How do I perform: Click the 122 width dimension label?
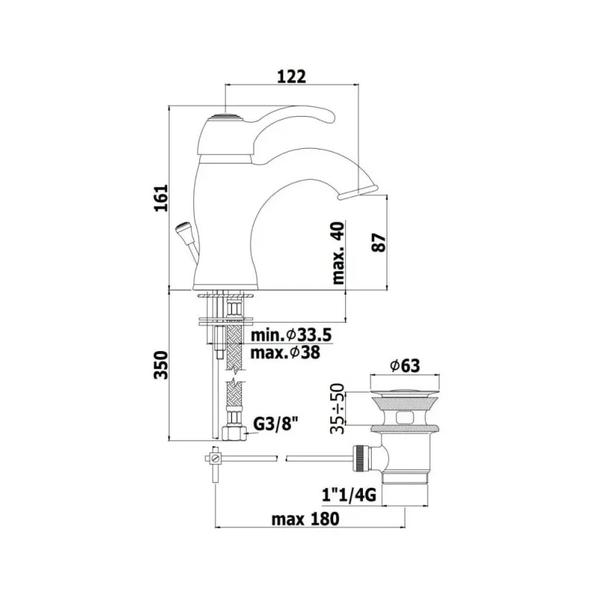[x=292, y=77]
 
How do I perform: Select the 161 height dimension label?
[x=161, y=198]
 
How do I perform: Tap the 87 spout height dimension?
[x=379, y=242]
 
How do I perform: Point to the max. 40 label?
[x=338, y=253]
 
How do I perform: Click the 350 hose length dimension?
[x=161, y=364]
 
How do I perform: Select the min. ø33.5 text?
[x=292, y=335]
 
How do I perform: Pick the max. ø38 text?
[x=286, y=353]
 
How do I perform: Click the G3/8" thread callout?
[x=275, y=424]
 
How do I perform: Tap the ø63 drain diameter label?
[x=405, y=366]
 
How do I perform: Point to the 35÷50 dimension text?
[x=338, y=408]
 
